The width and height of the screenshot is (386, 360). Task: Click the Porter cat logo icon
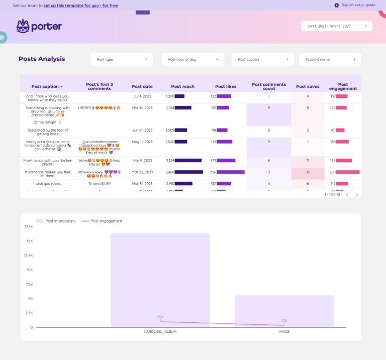tap(23, 26)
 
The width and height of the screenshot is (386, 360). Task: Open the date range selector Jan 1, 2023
tap(336, 26)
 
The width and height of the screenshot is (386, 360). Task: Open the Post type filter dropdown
tap(122, 59)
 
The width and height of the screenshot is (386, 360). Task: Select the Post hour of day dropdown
tap(192, 59)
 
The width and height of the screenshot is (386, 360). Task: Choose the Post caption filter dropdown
tap(263, 59)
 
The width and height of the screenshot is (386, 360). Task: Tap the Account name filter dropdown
tap(330, 59)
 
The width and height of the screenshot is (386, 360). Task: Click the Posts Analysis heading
tap(42, 59)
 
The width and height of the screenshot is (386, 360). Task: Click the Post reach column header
tap(182, 86)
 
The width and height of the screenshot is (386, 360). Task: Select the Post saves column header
tap(308, 86)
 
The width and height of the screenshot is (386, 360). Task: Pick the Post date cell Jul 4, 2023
tap(142, 96)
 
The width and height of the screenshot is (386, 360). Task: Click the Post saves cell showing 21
tap(308, 172)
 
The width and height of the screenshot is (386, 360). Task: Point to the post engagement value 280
tap(333, 172)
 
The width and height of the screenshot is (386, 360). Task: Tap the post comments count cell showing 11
tap(269, 107)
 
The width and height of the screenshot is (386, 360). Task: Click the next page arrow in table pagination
tap(357, 194)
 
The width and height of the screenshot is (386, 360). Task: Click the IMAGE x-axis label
tap(284, 331)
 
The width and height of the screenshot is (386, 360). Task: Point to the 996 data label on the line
tap(160, 317)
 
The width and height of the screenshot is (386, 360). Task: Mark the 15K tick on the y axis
tap(29, 241)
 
